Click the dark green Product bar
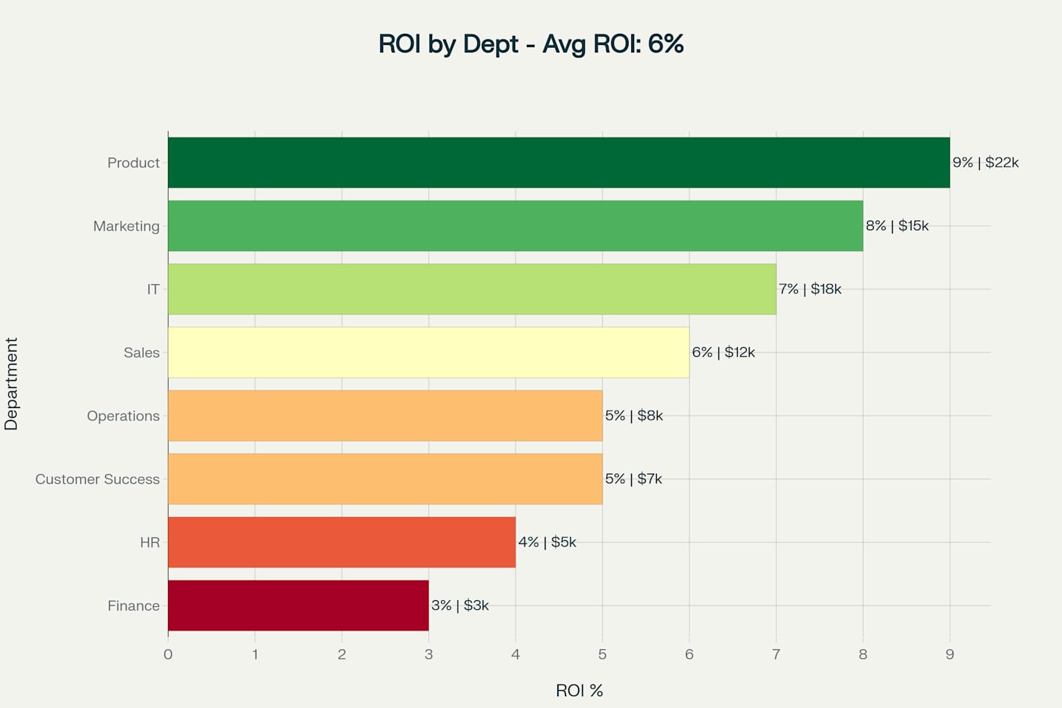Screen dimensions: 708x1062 pyautogui.click(x=559, y=162)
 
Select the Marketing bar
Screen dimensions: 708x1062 pyautogui.click(x=515, y=226)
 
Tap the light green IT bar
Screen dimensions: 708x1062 pyautogui.click(x=472, y=289)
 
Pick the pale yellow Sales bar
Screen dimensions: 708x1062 pyautogui.click(x=428, y=353)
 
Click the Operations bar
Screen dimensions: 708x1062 pyautogui.click(x=385, y=416)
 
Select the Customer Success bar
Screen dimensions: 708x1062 pyautogui.click(x=385, y=479)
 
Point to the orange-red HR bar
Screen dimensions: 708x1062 pyautogui.click(x=342, y=542)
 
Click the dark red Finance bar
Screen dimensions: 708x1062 pyautogui.click(x=298, y=606)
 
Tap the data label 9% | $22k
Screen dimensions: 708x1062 pyautogui.click(x=985, y=162)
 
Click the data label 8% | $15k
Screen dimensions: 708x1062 pyautogui.click(x=897, y=226)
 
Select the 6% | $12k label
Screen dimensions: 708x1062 pyautogui.click(x=723, y=353)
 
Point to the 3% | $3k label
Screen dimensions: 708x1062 pyautogui.click(x=460, y=606)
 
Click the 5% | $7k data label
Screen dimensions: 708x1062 pyautogui.click(x=633, y=479)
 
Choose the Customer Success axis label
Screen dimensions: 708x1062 pyautogui.click(x=97, y=479)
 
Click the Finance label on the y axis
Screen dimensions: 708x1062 pyautogui.click(x=133, y=606)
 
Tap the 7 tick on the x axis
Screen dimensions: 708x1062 pyautogui.click(x=776, y=655)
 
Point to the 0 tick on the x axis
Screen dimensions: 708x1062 pyautogui.click(x=168, y=655)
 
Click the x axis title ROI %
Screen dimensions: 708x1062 pyautogui.click(x=579, y=691)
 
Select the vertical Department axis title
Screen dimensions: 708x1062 pyautogui.click(x=12, y=384)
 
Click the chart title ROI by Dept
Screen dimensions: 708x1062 pyautogui.click(x=531, y=44)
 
